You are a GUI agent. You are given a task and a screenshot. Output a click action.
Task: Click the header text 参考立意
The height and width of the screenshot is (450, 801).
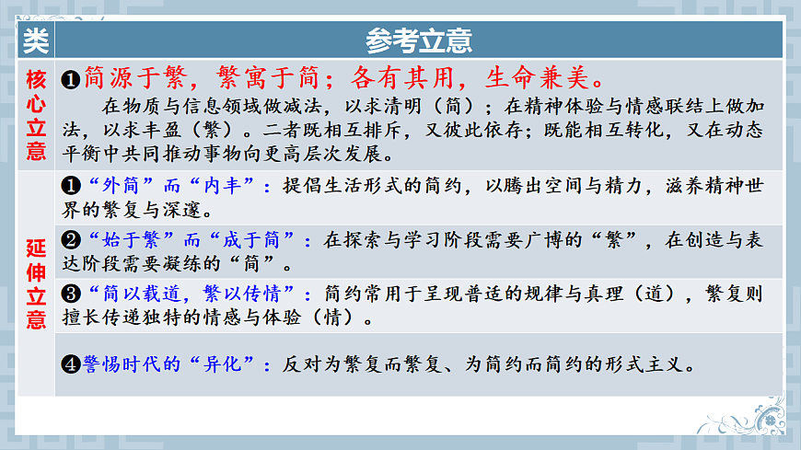pyautogui.click(x=419, y=40)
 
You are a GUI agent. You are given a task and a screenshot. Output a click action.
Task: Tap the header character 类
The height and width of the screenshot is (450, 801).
pyautogui.click(x=36, y=40)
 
